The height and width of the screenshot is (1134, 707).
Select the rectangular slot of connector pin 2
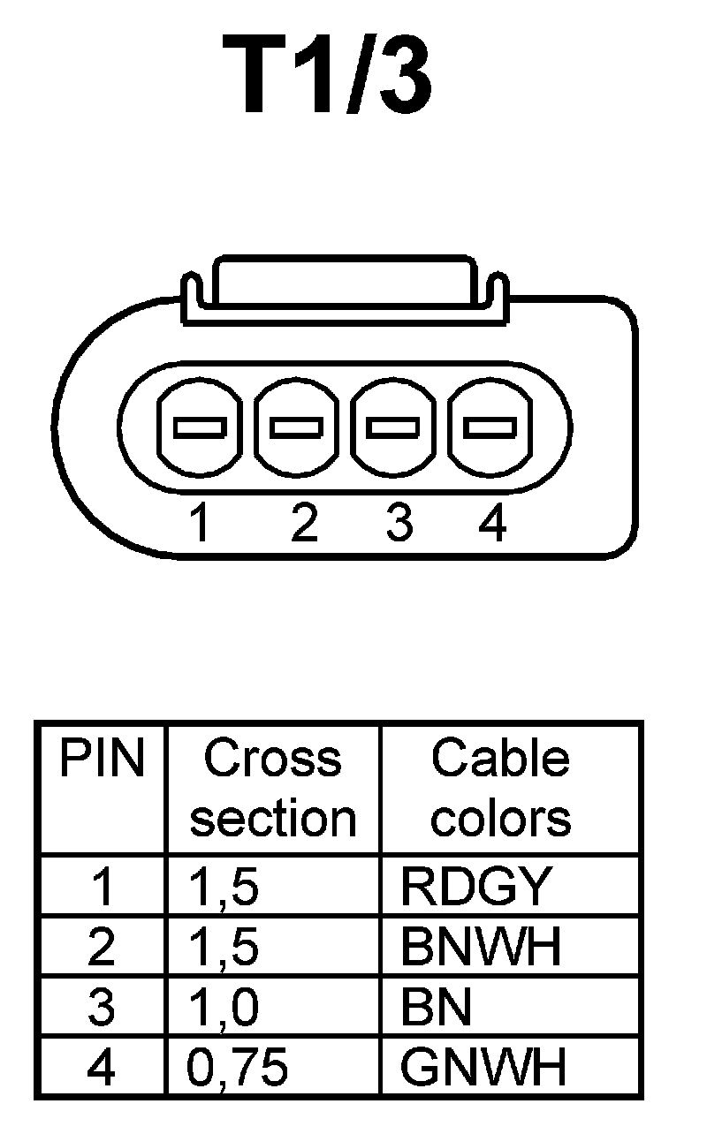[x=295, y=427]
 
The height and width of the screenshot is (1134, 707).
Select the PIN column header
[x=102, y=760]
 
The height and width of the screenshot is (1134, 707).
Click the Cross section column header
[x=272, y=788]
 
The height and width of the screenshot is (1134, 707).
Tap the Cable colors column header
[x=500, y=788]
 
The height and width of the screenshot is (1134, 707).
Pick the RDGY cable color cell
[x=476, y=886]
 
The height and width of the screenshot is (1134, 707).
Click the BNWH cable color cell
[x=481, y=947]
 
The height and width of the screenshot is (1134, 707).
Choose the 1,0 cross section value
[x=224, y=1008]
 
